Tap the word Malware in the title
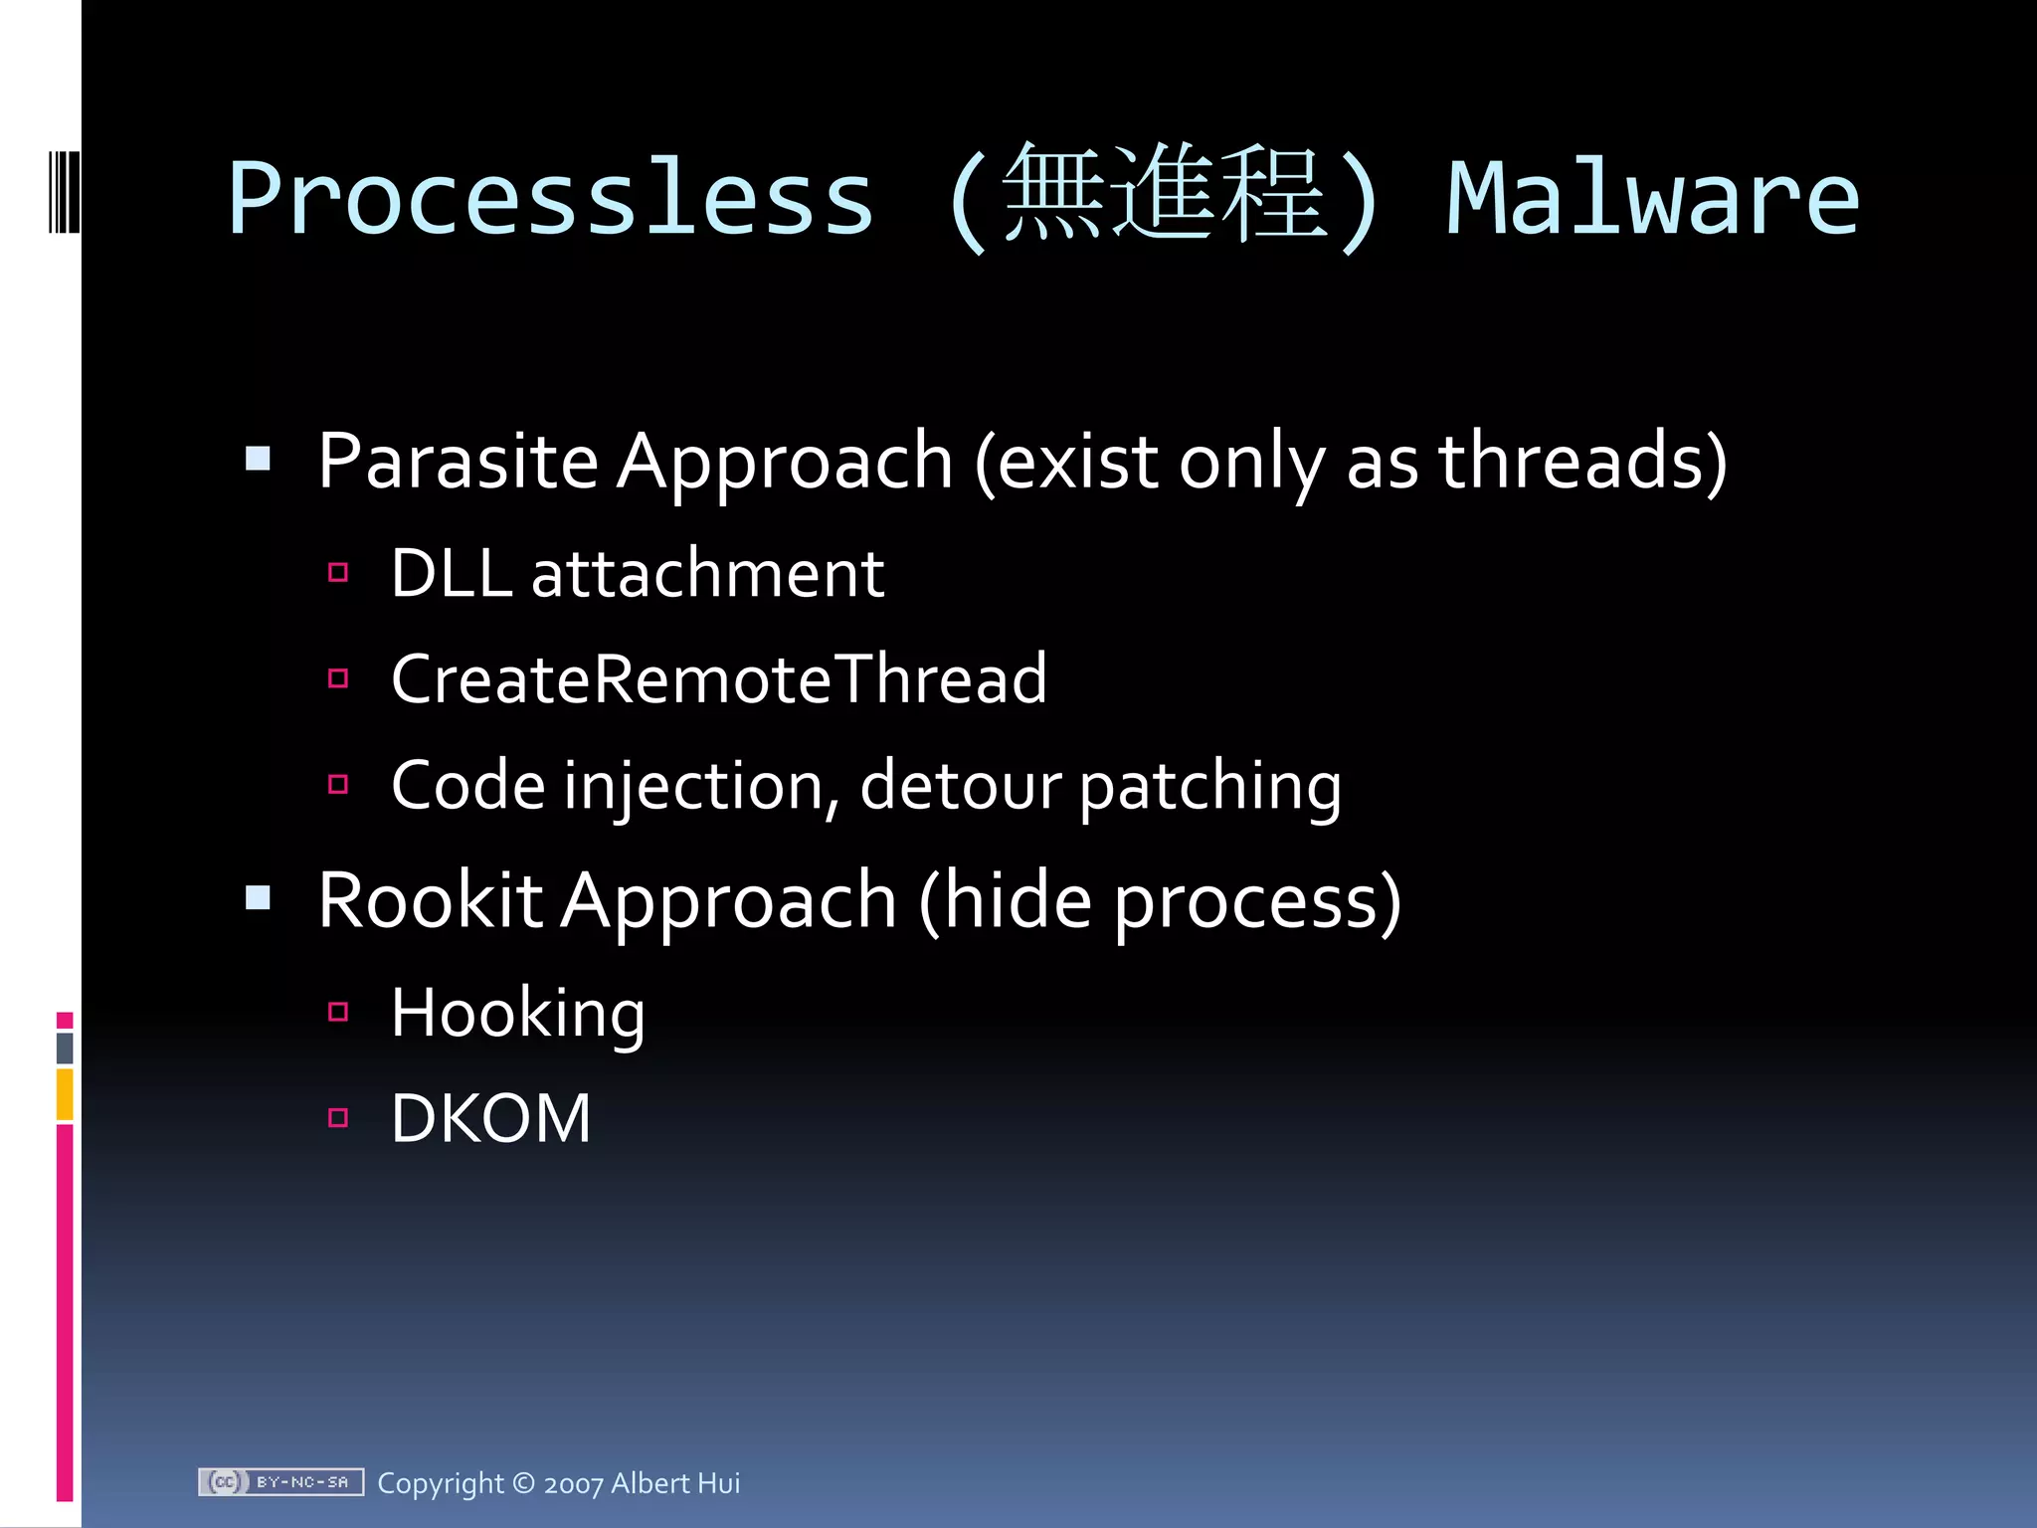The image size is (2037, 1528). tap(1651, 199)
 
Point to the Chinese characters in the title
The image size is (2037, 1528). tap(1164, 193)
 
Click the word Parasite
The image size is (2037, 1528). tap(458, 462)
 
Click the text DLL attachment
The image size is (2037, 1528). tap(637, 574)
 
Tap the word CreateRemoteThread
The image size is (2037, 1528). tap(718, 679)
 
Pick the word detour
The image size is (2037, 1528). tap(960, 786)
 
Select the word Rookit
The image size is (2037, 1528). tap(430, 900)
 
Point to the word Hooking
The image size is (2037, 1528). tap(517, 1014)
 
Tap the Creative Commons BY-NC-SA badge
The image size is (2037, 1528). tap(280, 1482)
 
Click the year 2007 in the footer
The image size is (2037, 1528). tap(573, 1484)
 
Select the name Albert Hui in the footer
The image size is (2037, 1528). tap(675, 1483)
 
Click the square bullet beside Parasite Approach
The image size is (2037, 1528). tap(259, 459)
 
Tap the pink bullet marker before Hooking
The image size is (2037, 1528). tap(338, 1013)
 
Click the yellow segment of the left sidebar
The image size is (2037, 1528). tap(65, 1094)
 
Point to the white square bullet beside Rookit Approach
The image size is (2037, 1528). tap(259, 898)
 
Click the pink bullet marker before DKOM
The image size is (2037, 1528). tap(338, 1118)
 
